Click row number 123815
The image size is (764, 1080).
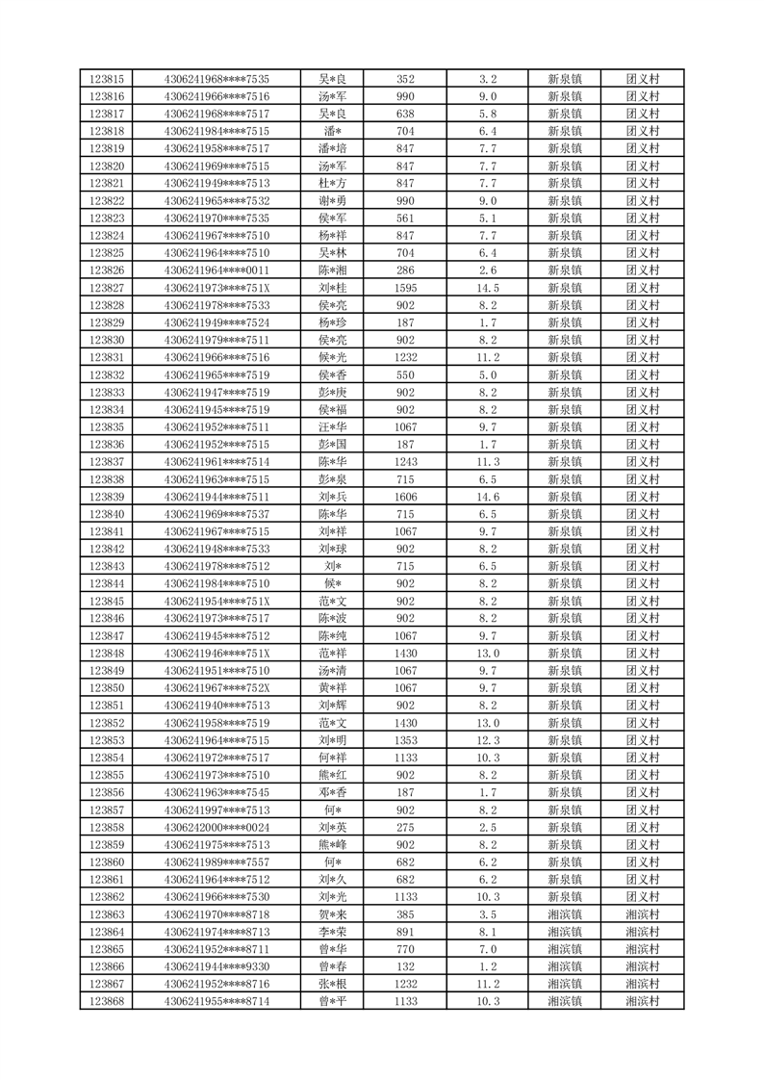[x=106, y=79]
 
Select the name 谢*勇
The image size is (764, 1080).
[x=334, y=200]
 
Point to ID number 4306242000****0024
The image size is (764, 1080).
[x=217, y=827]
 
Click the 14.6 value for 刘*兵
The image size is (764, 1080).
[x=488, y=497]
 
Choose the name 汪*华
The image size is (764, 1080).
[x=334, y=427]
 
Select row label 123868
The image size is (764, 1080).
[x=106, y=1001]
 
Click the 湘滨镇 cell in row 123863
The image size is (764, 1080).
[x=564, y=914]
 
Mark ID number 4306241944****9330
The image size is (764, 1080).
[x=217, y=966]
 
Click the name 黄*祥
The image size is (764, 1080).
[x=334, y=688]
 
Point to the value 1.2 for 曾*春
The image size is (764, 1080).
[x=488, y=966]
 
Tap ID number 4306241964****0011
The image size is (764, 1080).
[x=217, y=270]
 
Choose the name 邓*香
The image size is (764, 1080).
[x=334, y=792]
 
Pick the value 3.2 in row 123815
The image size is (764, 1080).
[x=488, y=79]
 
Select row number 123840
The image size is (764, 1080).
[x=106, y=514]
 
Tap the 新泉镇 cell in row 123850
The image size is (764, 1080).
[x=564, y=688]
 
